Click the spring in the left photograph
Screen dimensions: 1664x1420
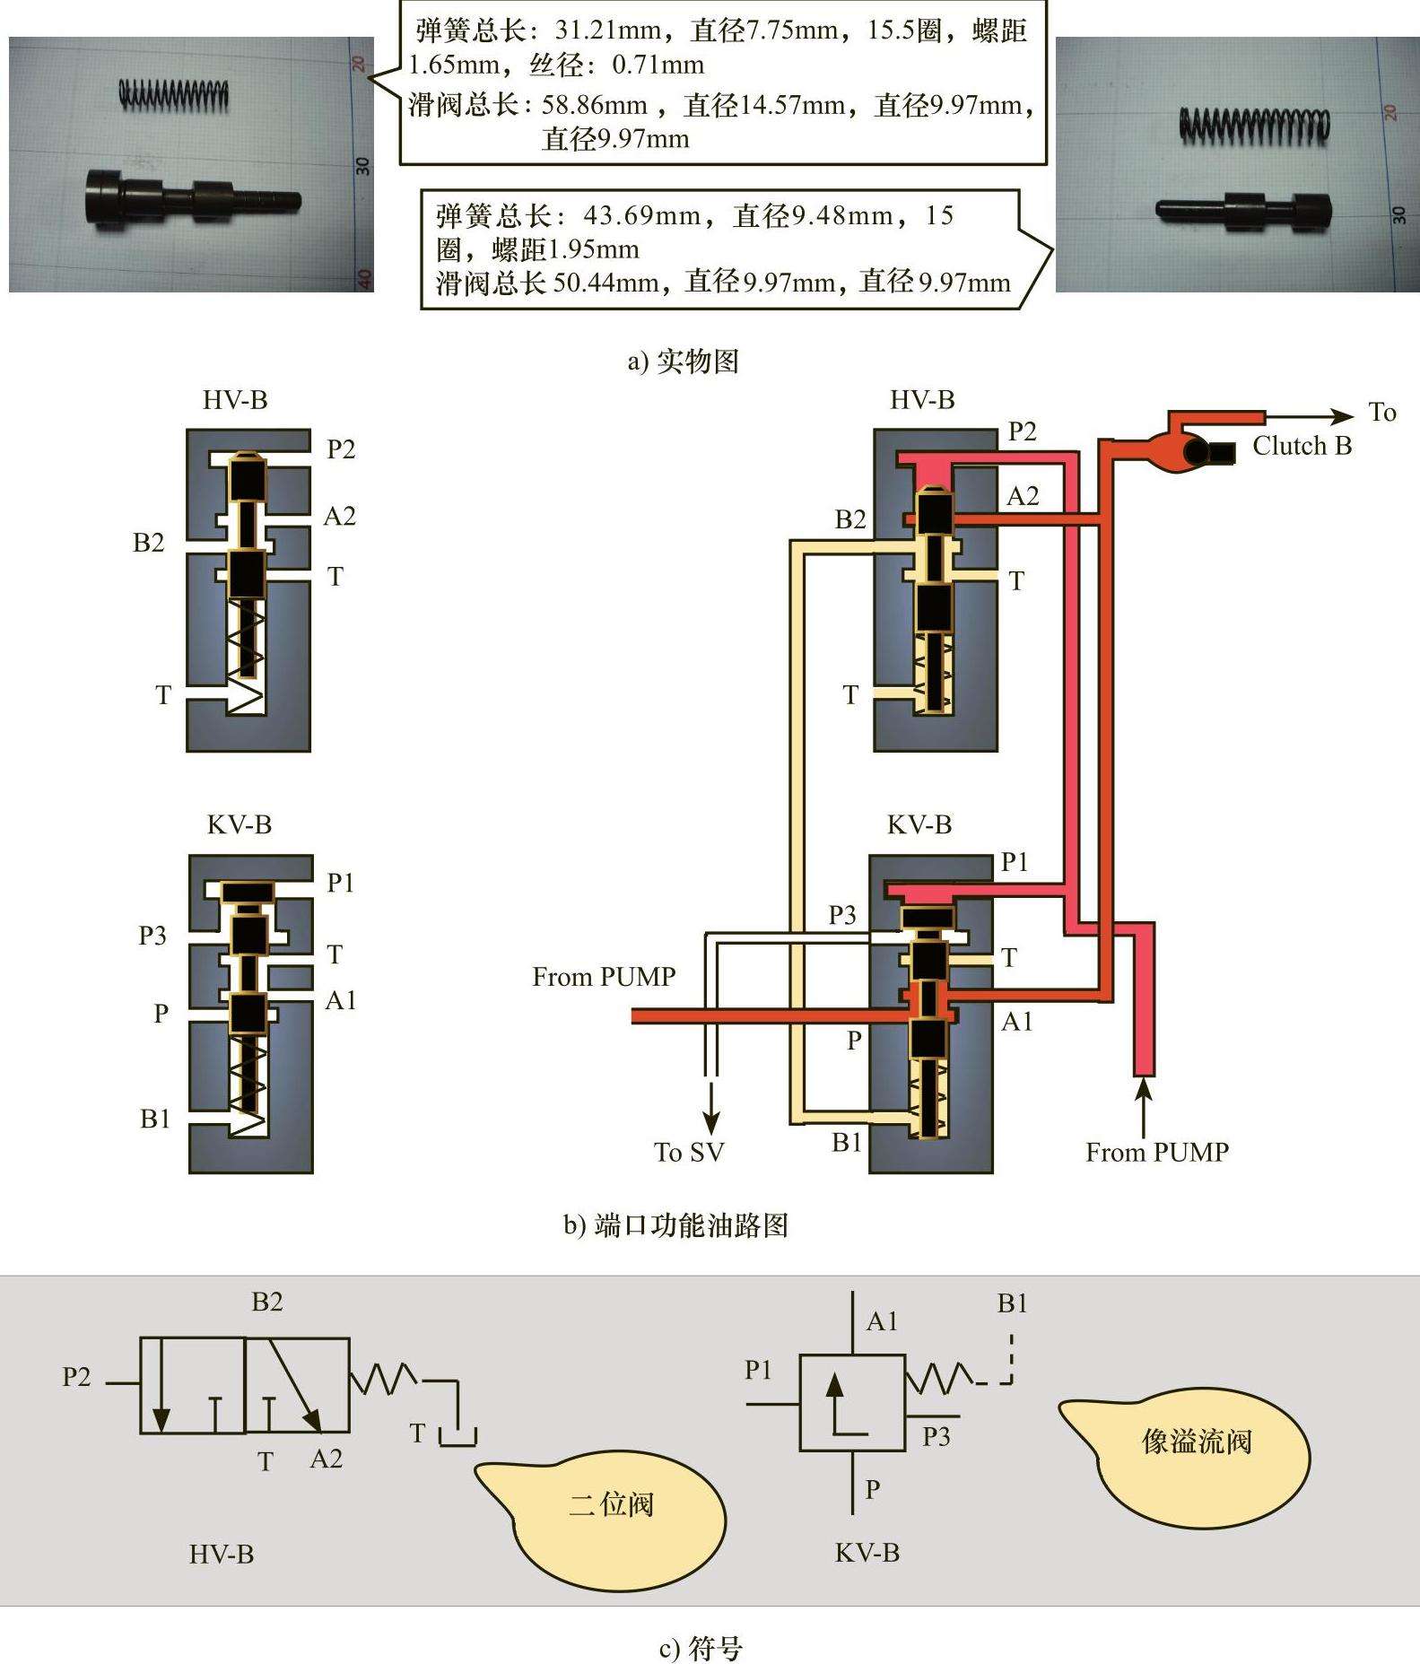point(174,94)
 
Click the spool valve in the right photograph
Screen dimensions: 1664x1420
point(1242,209)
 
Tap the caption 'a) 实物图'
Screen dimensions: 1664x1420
point(683,362)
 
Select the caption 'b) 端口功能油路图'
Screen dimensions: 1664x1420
point(675,1225)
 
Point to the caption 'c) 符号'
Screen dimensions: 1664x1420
point(701,1647)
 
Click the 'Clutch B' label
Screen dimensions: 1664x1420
point(1302,446)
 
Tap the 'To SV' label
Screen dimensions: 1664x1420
point(688,1152)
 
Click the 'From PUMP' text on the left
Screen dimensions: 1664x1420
point(604,976)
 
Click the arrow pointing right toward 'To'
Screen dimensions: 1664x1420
point(1341,416)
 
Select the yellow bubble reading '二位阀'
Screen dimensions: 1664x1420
point(610,1503)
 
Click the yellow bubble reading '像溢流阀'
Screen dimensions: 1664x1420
point(1196,1441)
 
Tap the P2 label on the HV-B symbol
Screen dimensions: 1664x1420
point(76,1376)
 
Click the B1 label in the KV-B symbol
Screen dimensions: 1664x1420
point(1012,1303)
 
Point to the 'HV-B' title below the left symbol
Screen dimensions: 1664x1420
point(221,1554)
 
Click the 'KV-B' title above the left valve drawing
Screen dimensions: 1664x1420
point(239,824)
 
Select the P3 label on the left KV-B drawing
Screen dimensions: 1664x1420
point(152,936)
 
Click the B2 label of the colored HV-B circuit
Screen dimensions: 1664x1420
point(849,519)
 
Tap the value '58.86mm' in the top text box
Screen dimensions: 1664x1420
point(594,105)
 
